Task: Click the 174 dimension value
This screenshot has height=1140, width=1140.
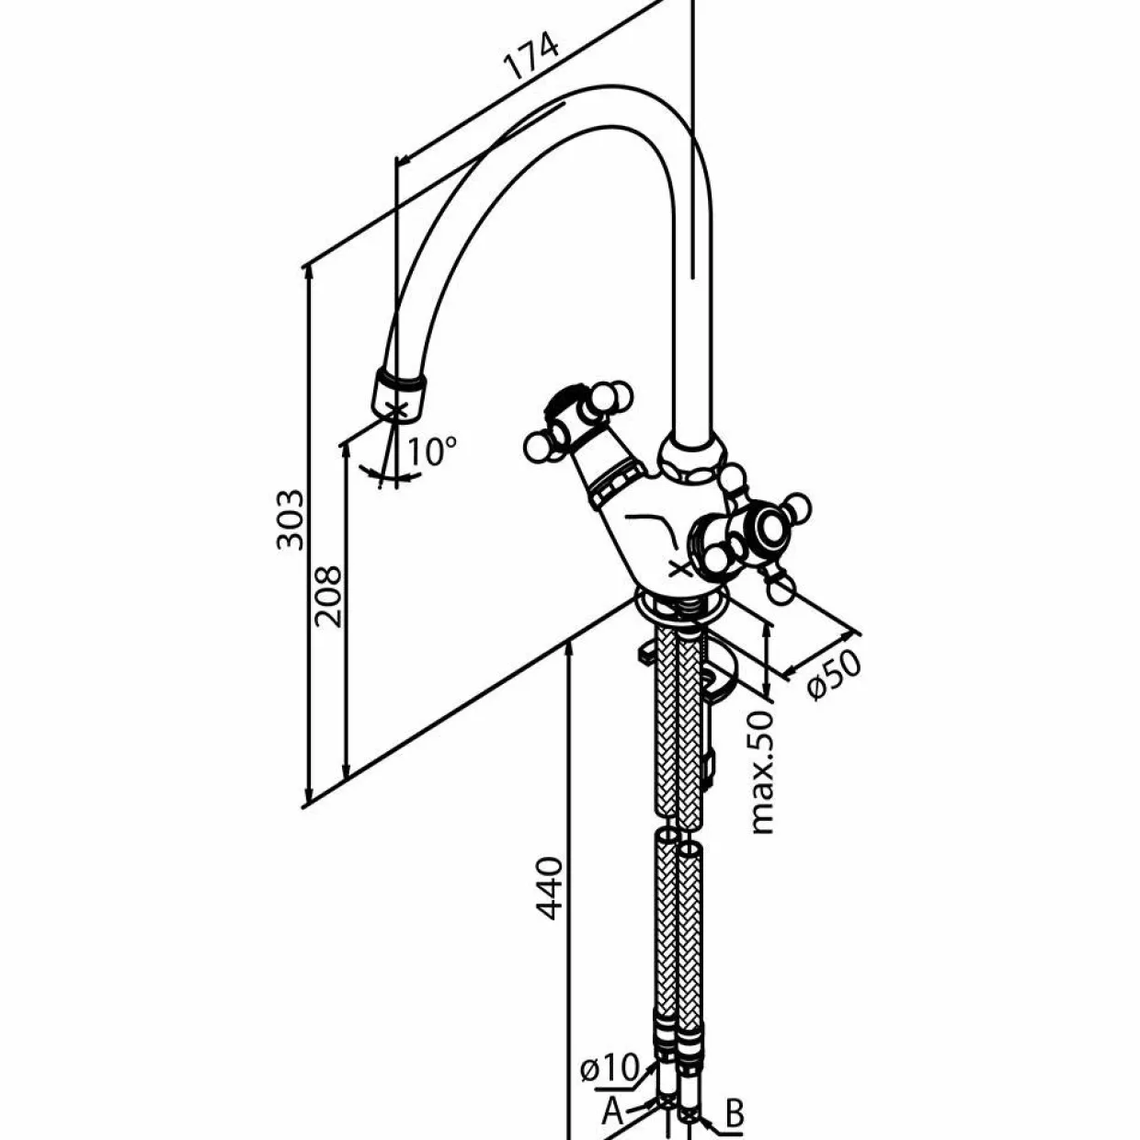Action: (x=530, y=57)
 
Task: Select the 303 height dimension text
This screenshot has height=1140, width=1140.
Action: (x=291, y=520)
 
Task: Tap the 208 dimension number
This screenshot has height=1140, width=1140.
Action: (x=328, y=597)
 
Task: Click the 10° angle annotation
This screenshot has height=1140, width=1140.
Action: (x=432, y=451)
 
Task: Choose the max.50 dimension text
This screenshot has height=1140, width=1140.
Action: (x=762, y=772)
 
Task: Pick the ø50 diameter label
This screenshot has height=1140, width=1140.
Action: (x=835, y=674)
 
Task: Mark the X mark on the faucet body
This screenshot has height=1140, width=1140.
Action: (x=680, y=570)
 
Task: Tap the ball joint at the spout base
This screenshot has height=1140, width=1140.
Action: (x=692, y=458)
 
